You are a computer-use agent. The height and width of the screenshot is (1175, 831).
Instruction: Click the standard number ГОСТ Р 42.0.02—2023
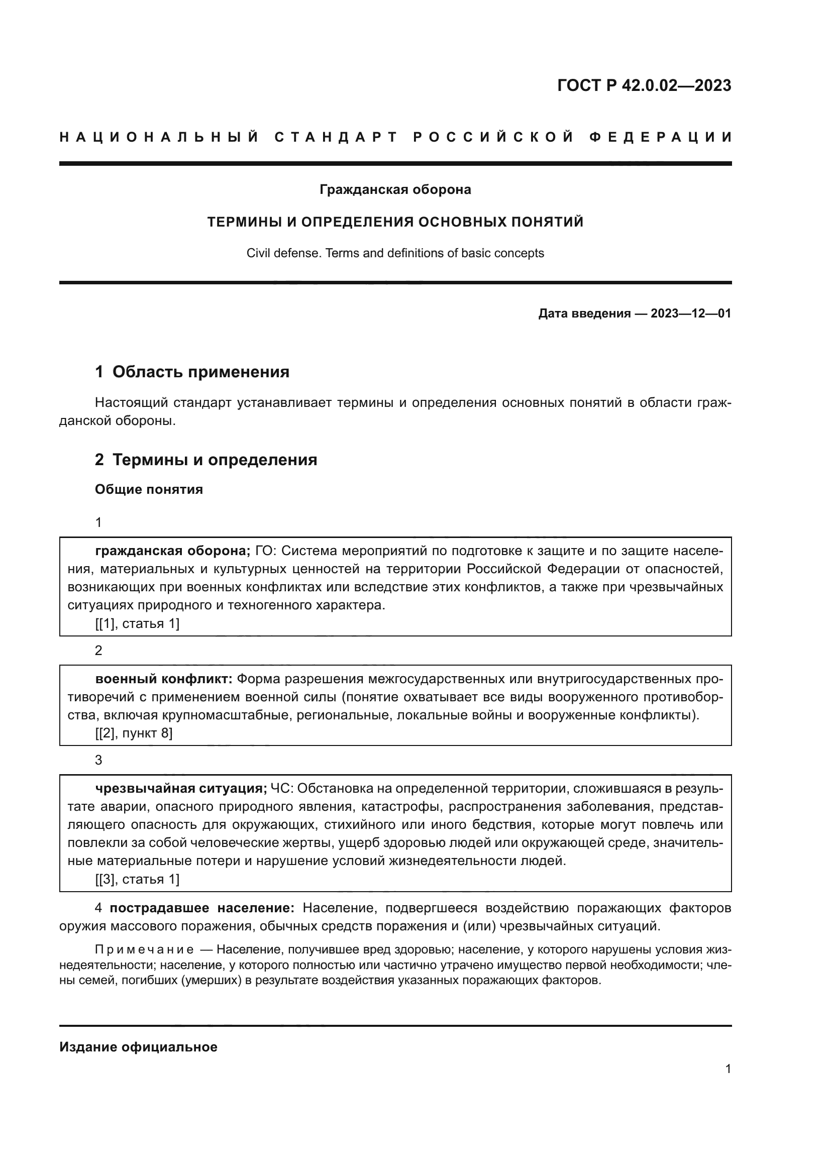[x=644, y=85]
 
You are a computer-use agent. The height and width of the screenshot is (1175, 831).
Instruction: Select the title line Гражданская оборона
[x=395, y=190]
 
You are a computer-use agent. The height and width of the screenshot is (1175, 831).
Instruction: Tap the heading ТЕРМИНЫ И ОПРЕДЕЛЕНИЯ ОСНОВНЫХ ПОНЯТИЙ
[x=395, y=222]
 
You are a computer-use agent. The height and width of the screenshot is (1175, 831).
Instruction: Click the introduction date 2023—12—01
[x=691, y=313]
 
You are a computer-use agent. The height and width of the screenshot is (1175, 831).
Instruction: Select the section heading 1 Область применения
[x=192, y=372]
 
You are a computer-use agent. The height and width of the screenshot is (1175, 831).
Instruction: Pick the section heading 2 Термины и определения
[x=205, y=460]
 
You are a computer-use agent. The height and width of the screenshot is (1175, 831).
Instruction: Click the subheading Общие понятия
[x=149, y=490]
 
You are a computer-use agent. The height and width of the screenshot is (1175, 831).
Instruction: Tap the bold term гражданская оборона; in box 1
[x=172, y=551]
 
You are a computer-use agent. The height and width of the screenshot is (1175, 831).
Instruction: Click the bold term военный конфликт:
[x=164, y=679]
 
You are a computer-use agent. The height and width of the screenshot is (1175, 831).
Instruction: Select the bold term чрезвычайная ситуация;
[x=181, y=789]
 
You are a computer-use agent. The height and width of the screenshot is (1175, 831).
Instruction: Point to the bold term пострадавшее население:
[x=202, y=908]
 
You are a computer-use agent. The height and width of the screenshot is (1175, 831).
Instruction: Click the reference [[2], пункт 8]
[x=134, y=733]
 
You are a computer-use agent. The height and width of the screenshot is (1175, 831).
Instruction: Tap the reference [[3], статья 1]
[x=137, y=879]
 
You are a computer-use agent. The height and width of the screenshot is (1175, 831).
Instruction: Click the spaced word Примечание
[x=144, y=950]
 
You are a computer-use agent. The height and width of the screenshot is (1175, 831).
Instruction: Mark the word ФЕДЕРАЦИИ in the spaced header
[x=660, y=138]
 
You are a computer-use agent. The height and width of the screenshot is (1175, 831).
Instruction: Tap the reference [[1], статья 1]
[x=137, y=624]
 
